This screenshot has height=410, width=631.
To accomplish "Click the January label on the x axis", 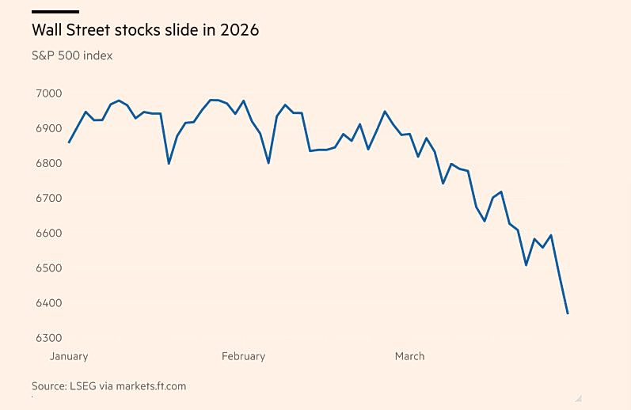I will pyautogui.click(x=69, y=356).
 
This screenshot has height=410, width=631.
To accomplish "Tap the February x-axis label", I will pyautogui.click(x=243, y=356).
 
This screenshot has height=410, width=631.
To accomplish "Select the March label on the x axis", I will pyautogui.click(x=409, y=356).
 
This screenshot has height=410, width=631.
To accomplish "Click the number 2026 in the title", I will pyautogui.click(x=240, y=30).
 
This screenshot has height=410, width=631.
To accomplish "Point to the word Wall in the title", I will pyautogui.click(x=47, y=30).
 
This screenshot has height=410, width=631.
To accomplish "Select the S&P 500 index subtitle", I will pyautogui.click(x=72, y=55).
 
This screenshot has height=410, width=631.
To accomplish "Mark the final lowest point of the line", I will pyautogui.click(x=568, y=313).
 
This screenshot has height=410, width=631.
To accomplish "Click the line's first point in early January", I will pyautogui.click(x=69, y=142).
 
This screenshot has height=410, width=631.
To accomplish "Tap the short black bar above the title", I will pyautogui.click(x=55, y=12).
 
